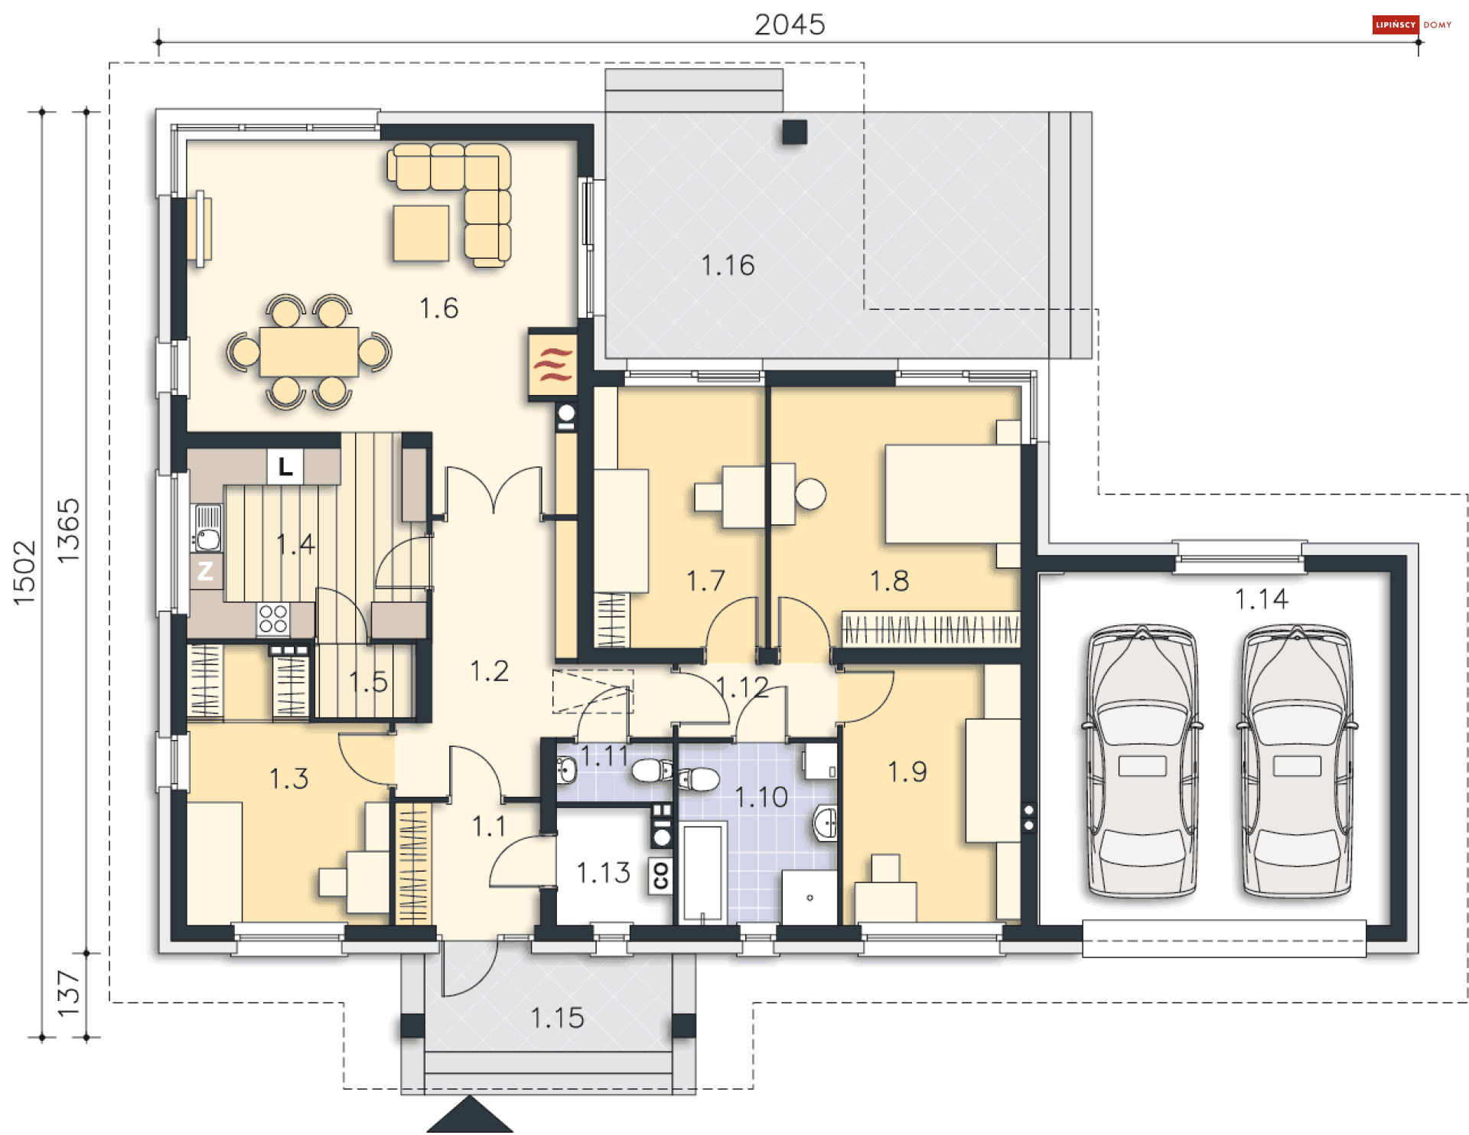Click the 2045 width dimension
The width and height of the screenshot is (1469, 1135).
[790, 24]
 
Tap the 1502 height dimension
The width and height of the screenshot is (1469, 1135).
[24, 573]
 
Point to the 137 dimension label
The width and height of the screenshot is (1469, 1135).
[69, 993]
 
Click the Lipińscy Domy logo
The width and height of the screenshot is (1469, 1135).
[1412, 24]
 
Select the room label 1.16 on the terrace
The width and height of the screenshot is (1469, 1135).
[728, 266]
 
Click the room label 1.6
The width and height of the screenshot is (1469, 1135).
[438, 308]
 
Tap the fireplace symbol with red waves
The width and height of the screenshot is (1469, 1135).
[553, 364]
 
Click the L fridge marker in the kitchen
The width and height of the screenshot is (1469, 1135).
[285, 466]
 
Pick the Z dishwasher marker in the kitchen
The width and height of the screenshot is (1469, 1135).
[205, 571]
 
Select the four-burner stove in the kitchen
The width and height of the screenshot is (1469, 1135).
[273, 619]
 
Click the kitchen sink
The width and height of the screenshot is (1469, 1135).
[207, 528]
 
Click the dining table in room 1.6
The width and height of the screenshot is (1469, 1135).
[308, 352]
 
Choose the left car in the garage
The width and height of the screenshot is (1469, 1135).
[1142, 760]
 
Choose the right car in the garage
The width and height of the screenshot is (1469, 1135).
[1297, 760]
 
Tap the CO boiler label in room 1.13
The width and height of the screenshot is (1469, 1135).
[660, 875]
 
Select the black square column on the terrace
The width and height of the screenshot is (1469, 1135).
[795, 132]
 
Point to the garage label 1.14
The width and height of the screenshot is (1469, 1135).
[1262, 599]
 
